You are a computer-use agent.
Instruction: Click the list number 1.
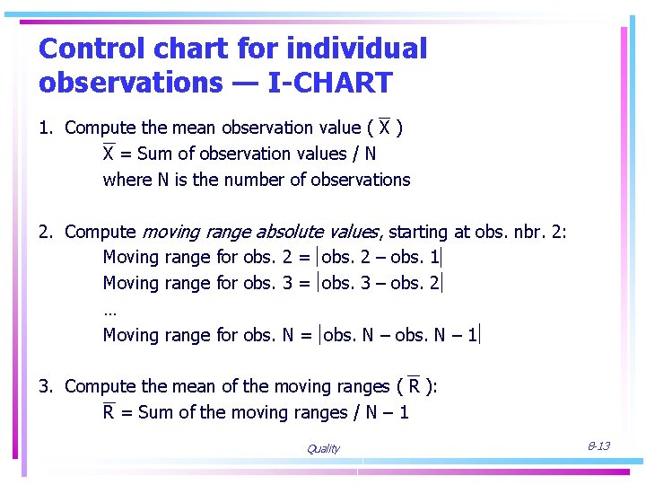44,128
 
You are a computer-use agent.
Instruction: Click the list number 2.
44,232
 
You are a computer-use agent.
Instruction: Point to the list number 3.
44,386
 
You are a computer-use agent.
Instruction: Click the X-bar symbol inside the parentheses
385,128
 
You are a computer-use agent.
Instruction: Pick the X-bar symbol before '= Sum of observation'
109,154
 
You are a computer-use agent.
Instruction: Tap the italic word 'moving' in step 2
171,232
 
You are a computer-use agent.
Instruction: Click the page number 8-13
598,446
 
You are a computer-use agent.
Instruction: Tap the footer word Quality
323,449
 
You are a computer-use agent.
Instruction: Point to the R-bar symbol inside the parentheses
414,386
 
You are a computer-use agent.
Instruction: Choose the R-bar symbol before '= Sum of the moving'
109,412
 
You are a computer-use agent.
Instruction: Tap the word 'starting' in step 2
420,232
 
